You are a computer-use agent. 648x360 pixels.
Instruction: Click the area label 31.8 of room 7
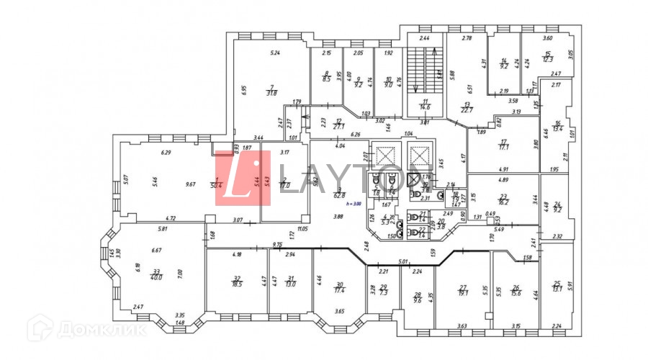[x=271, y=93]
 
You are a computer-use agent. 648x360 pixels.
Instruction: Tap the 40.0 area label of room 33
[x=156, y=278]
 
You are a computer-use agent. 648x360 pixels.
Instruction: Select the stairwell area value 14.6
[x=426, y=107]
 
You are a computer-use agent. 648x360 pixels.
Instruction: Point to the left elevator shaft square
[x=386, y=155]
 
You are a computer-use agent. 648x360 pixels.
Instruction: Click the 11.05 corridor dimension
[x=302, y=228]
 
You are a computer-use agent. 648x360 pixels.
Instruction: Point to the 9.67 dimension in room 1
[x=191, y=184]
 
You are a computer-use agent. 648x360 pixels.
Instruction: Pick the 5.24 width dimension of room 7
[x=274, y=53]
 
